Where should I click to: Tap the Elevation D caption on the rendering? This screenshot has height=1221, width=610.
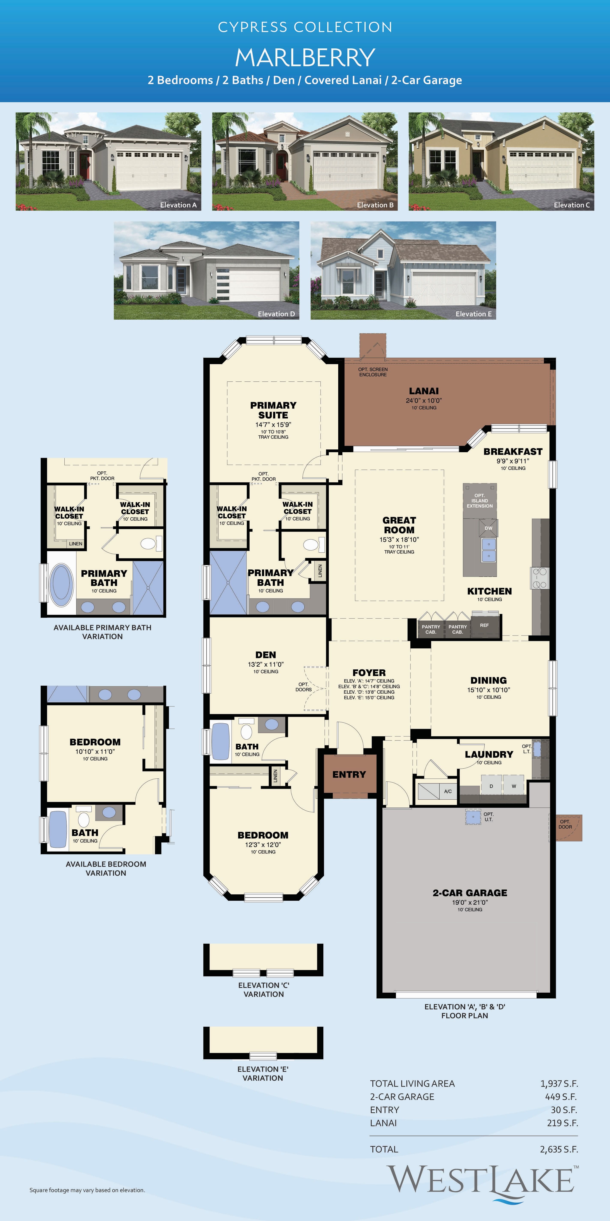[276, 314]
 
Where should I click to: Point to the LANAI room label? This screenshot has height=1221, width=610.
[424, 391]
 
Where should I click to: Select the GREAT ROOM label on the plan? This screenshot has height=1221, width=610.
[399, 525]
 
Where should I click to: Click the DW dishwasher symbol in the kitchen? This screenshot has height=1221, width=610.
[488, 528]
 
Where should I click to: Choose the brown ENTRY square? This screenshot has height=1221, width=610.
[350, 775]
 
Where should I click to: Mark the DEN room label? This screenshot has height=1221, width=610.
[266, 655]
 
